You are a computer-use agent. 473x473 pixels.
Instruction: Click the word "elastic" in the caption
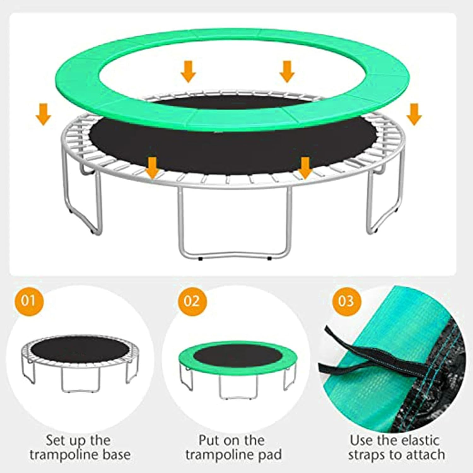click(416, 440)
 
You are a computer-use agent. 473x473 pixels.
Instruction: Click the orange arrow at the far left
click(44, 114)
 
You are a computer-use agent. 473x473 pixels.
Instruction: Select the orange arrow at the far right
click(414, 114)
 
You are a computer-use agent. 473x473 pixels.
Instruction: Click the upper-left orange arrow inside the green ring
click(188, 71)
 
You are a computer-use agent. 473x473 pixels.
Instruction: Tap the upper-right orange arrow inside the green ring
click(287, 72)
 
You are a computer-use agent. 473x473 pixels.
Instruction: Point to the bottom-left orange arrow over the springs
click(152, 168)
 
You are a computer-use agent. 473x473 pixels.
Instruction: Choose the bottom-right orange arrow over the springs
click(305, 168)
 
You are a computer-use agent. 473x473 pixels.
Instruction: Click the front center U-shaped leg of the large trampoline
click(180, 221)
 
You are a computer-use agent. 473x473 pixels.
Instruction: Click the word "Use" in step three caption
click(360, 440)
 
